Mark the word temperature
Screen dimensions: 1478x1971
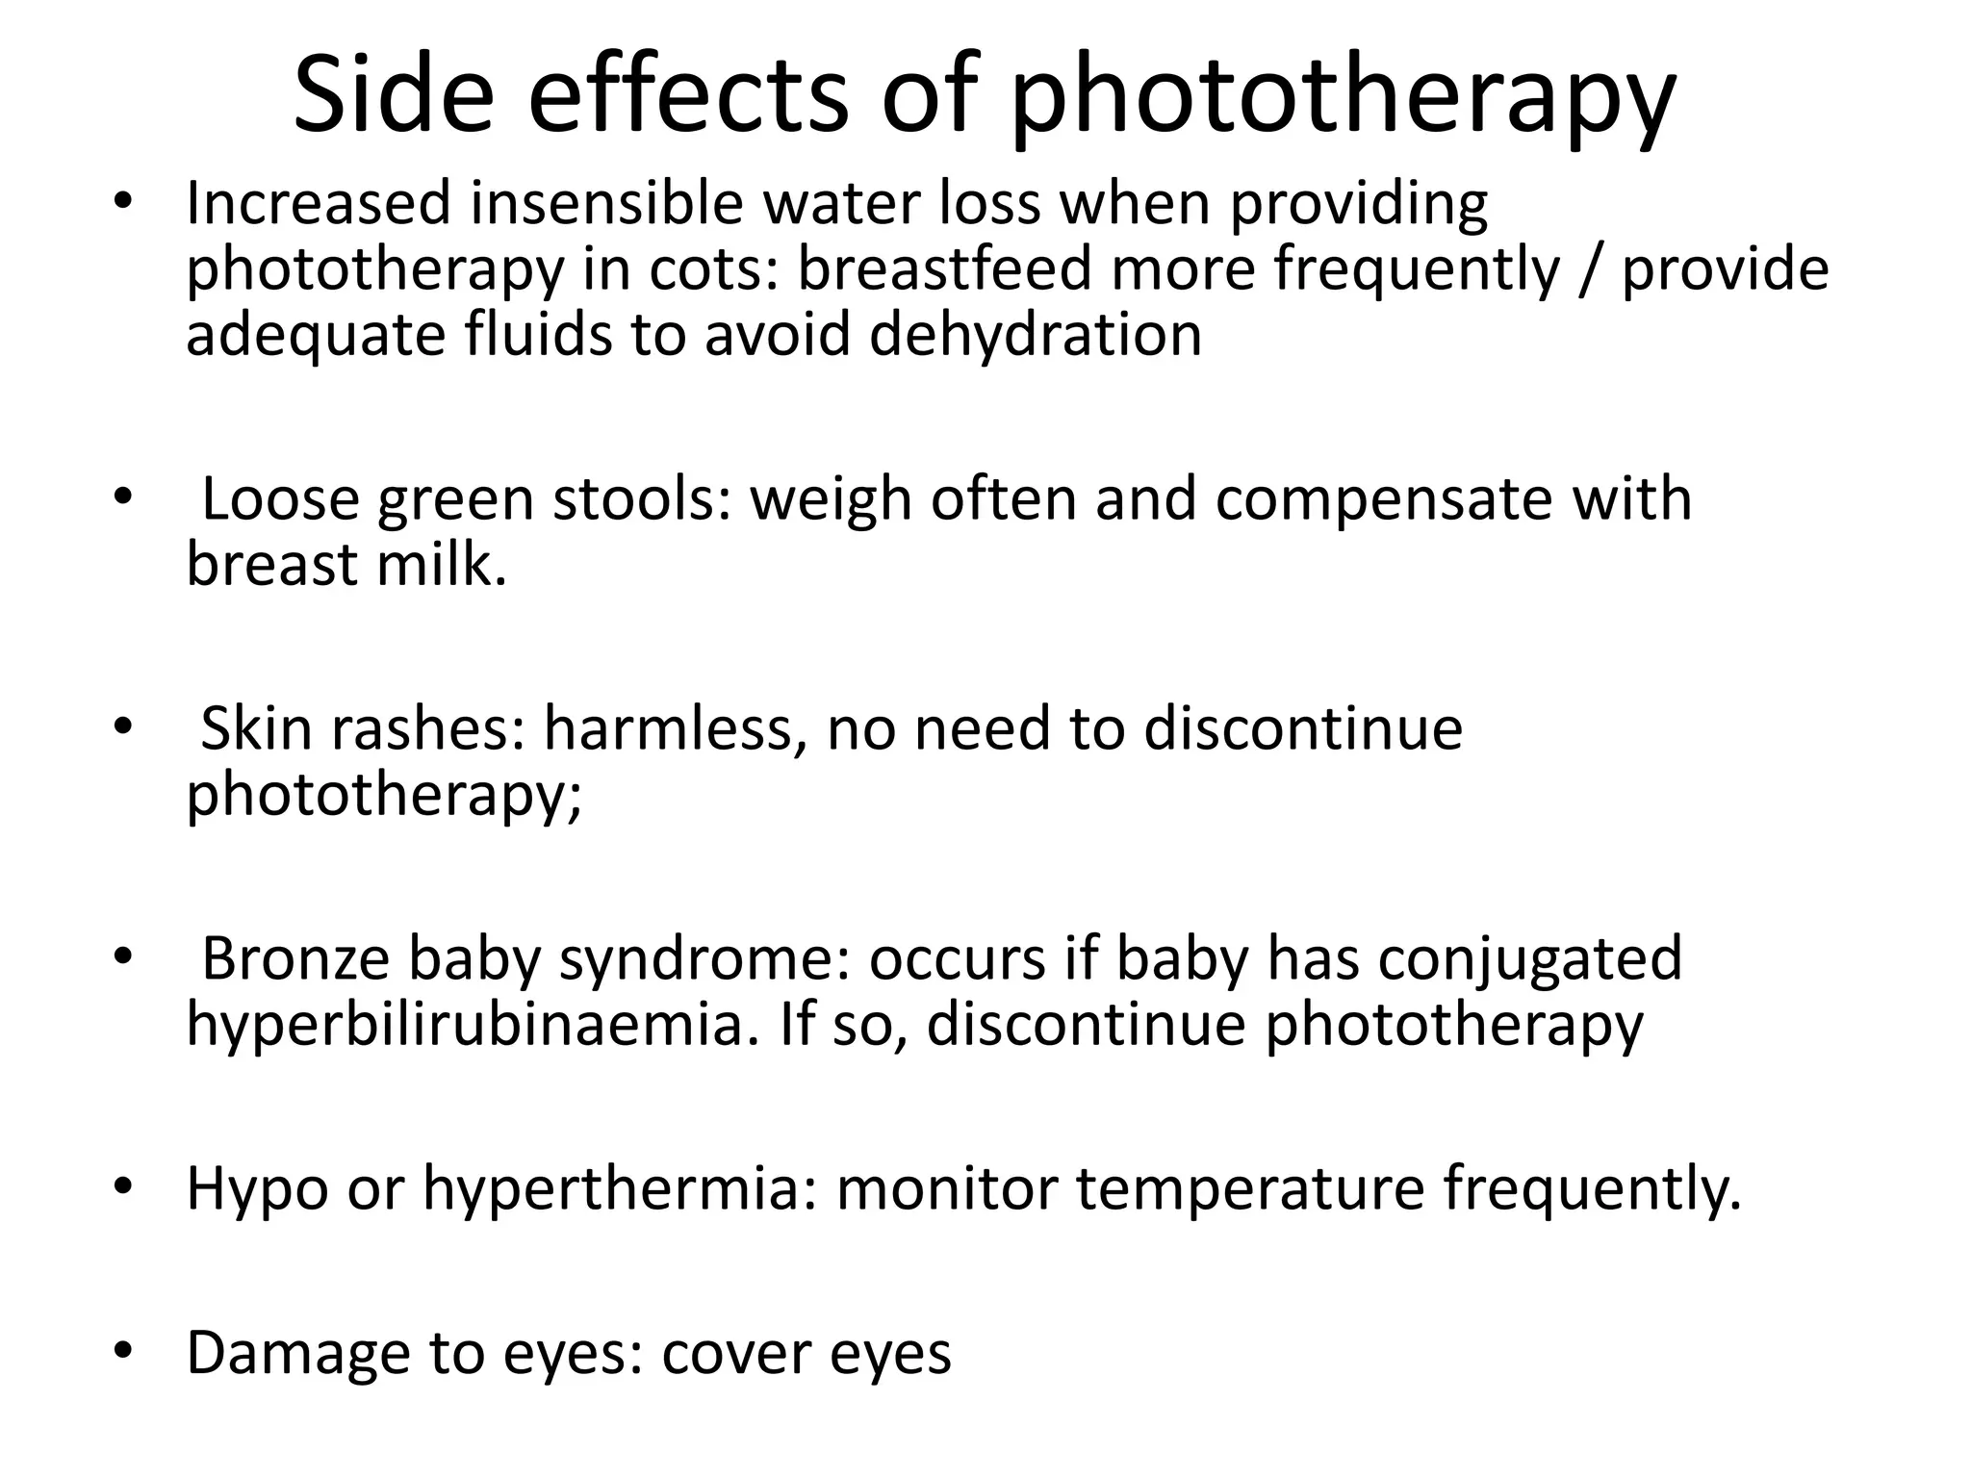[x=1249, y=1189]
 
